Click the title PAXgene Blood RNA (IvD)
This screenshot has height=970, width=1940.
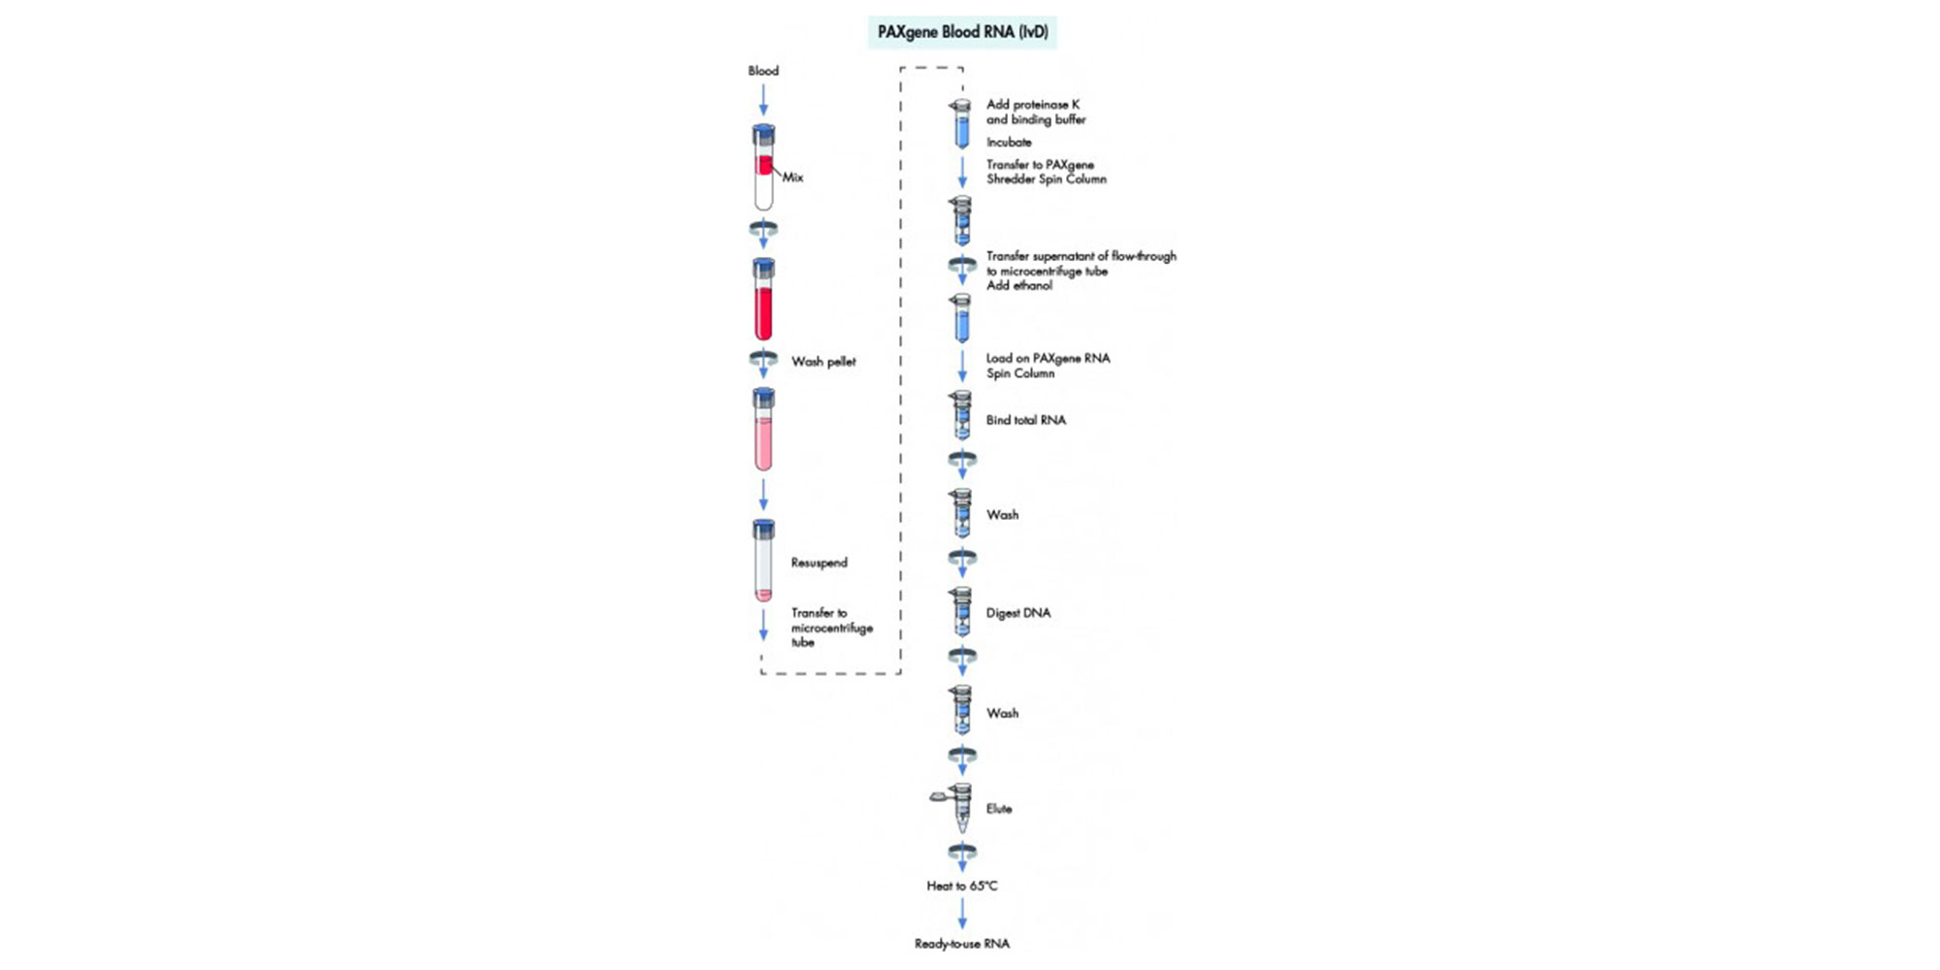[x=962, y=32]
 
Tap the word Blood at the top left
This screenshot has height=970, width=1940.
[x=763, y=71]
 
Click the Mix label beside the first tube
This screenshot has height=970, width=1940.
[x=792, y=178]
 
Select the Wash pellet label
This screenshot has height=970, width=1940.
[x=824, y=362]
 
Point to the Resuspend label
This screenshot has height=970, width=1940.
[x=819, y=563]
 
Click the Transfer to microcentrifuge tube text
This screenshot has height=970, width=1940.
[x=831, y=628]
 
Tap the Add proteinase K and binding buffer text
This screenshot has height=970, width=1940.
[x=1035, y=112]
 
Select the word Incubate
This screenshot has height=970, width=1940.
[x=1009, y=143]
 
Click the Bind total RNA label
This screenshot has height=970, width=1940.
[x=1025, y=420]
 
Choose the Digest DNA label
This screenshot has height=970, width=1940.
[x=1018, y=613]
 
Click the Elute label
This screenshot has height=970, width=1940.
[x=998, y=809]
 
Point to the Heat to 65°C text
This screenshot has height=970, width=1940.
[x=961, y=886]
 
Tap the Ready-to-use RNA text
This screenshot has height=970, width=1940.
[x=961, y=944]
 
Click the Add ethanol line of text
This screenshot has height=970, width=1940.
[x=1018, y=286]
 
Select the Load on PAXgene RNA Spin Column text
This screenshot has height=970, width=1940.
[x=1048, y=366]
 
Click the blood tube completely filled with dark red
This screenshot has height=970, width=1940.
[x=763, y=300]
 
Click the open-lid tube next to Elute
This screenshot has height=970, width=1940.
[x=959, y=807]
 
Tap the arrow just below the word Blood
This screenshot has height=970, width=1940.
[x=763, y=99]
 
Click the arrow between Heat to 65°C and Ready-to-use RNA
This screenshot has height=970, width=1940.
[x=962, y=914]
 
